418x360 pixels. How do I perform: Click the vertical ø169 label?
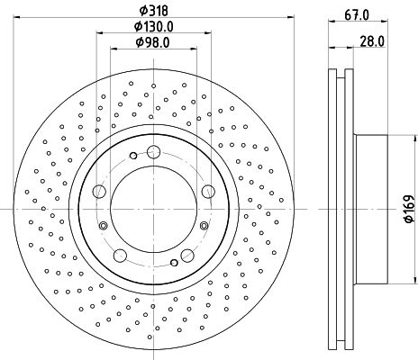(407, 208)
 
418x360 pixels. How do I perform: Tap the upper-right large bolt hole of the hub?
(209, 190)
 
